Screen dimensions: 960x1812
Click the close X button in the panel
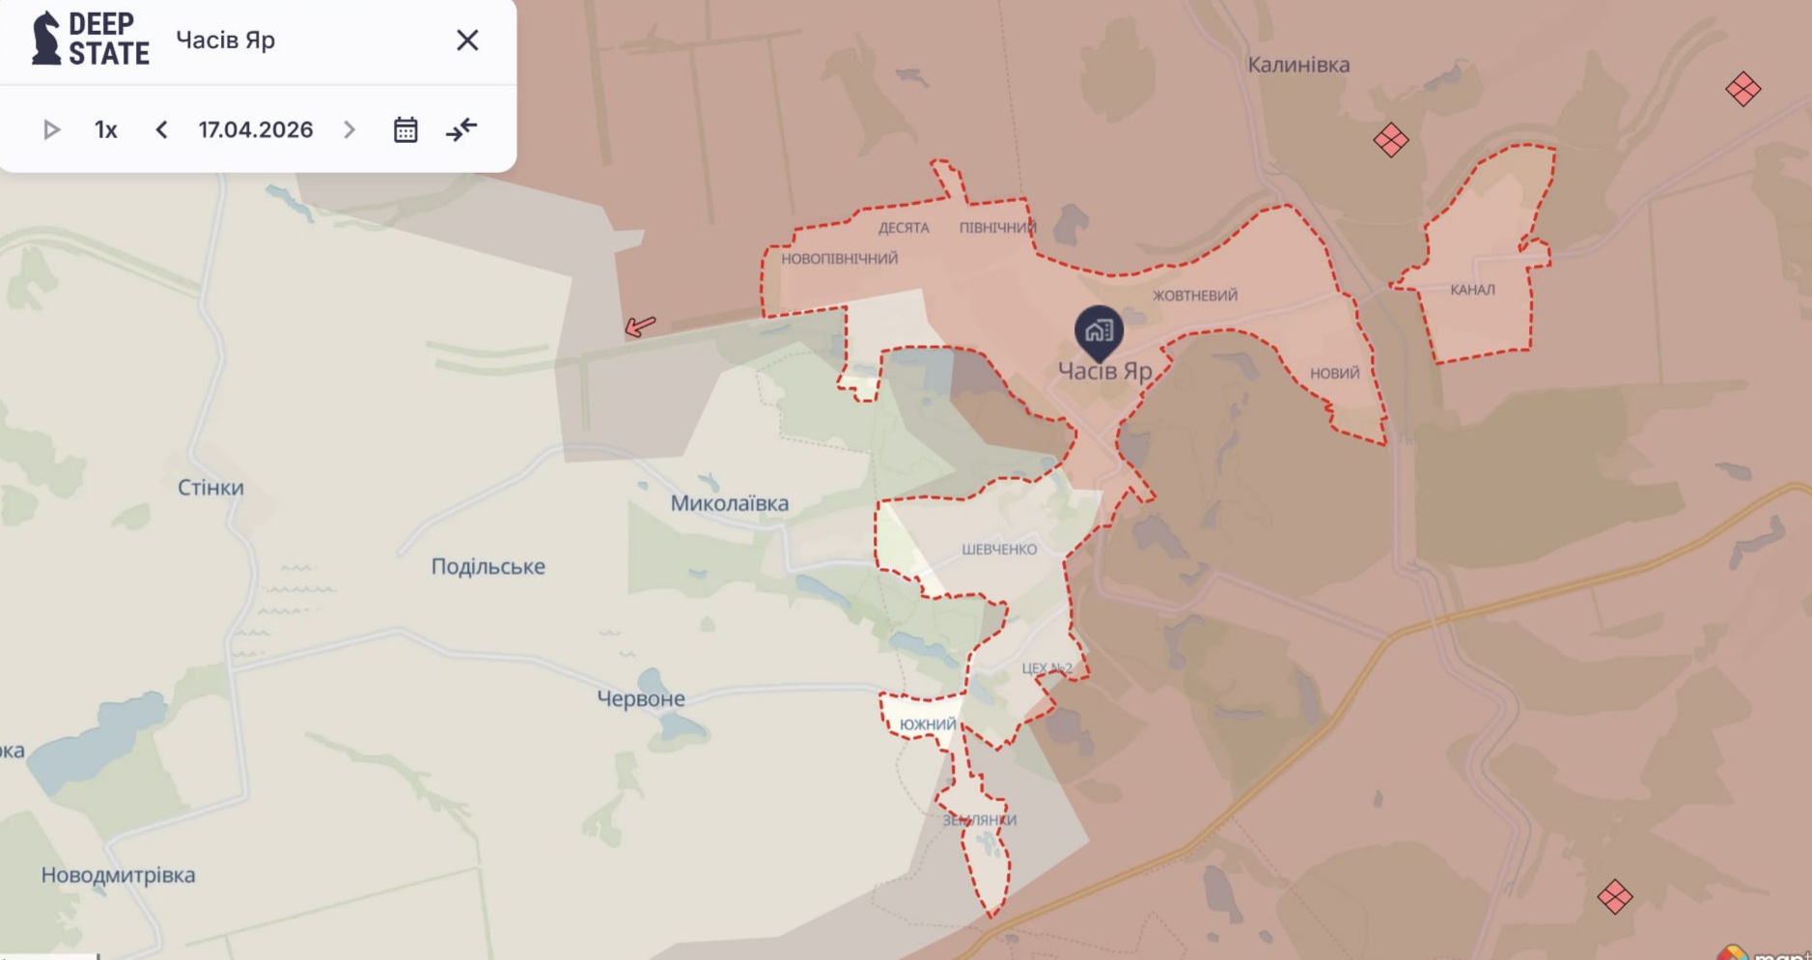click(x=467, y=41)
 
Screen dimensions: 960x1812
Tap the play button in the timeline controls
click(x=52, y=129)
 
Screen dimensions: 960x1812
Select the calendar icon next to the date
click(x=405, y=129)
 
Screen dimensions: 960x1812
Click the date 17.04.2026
click(x=256, y=129)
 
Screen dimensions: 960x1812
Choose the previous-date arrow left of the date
click(x=161, y=129)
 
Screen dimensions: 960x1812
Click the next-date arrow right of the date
click(x=349, y=129)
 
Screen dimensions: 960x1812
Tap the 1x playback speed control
click(x=106, y=129)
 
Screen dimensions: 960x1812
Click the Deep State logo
click(x=91, y=40)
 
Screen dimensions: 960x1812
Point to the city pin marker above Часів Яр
click(x=1099, y=331)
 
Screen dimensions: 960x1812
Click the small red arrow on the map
click(x=639, y=326)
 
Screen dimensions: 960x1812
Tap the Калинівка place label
click(x=1298, y=65)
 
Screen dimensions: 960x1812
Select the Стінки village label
click(x=210, y=488)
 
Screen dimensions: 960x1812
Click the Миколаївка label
click(x=729, y=503)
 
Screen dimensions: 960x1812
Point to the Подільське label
click(x=488, y=567)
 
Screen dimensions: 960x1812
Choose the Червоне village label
click(x=641, y=698)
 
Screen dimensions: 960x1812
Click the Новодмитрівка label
click(x=118, y=875)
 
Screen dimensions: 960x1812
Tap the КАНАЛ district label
click(x=1472, y=290)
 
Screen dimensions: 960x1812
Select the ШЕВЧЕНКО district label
click(x=999, y=550)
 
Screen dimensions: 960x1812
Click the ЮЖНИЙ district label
click(x=928, y=724)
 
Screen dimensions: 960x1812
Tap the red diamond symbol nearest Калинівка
click(x=1390, y=141)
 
